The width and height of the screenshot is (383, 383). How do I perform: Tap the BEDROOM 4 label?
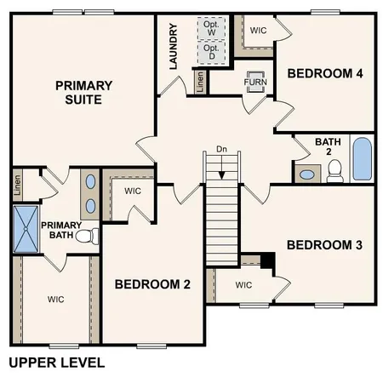tap(325, 74)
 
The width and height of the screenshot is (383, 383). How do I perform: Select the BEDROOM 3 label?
tap(325, 245)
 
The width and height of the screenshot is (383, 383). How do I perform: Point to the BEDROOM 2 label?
tap(152, 284)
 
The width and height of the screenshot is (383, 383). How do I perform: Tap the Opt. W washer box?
tap(211, 26)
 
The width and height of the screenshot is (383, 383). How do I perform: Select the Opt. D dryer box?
tap(211, 53)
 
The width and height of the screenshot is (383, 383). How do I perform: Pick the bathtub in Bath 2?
tap(362, 159)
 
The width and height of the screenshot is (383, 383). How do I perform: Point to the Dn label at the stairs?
tap(221, 150)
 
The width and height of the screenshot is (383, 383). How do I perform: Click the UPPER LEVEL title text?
tap(56, 363)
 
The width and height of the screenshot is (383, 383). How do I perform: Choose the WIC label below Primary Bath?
tap(56, 299)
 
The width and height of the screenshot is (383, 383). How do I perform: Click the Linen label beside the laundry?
tap(199, 83)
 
